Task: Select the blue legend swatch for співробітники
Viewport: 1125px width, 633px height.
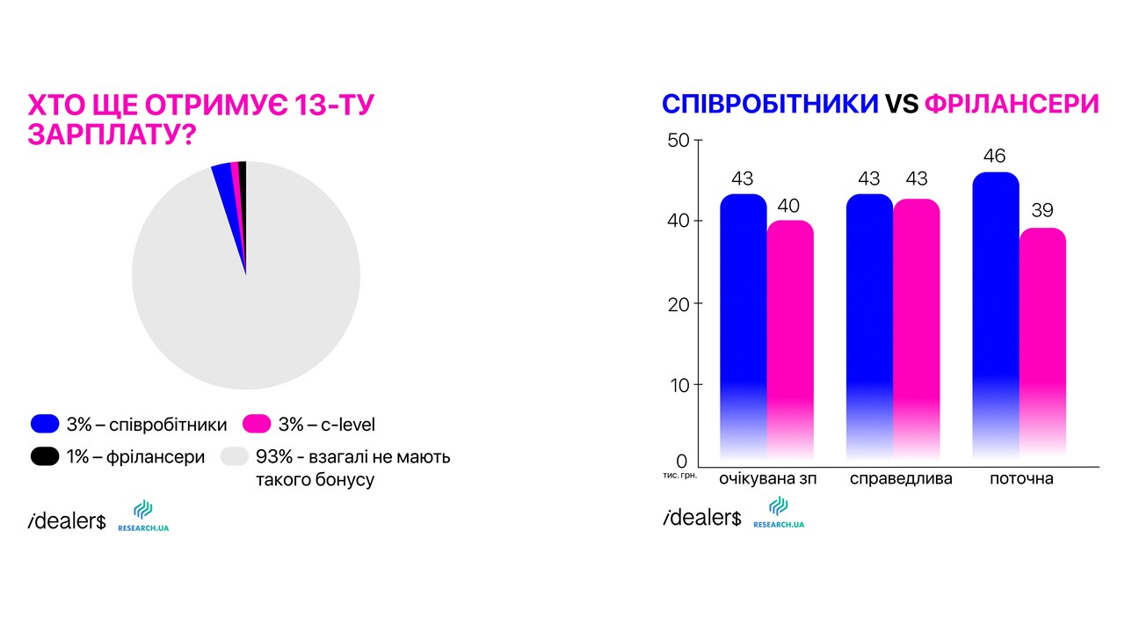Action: [x=45, y=424]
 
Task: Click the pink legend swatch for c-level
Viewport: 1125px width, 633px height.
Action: [x=257, y=424]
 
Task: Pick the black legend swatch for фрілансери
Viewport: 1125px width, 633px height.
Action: [x=45, y=456]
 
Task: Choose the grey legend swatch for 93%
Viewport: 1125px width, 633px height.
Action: [x=235, y=456]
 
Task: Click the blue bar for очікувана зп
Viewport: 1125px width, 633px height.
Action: [x=744, y=326]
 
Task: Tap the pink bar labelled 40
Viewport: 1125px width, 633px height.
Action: [x=790, y=339]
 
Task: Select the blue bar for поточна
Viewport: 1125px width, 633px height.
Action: [x=996, y=316]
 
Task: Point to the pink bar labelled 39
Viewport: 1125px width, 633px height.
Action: [x=1042, y=344]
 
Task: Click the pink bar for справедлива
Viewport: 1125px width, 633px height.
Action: [x=917, y=329]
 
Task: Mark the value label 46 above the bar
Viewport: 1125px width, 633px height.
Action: [x=994, y=156]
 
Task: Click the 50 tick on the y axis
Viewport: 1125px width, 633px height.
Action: [x=679, y=140]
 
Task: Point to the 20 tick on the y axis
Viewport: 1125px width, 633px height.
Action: [x=679, y=304]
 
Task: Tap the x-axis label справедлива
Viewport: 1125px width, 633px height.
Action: [x=901, y=479]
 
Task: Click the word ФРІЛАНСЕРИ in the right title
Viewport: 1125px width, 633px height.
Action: [x=1012, y=105]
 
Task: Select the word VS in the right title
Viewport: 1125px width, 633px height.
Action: [x=902, y=105]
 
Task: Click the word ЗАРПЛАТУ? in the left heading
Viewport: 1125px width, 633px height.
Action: [x=112, y=135]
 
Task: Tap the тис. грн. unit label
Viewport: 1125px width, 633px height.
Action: [x=680, y=476]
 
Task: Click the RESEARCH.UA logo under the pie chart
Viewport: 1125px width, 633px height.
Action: [x=143, y=515]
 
